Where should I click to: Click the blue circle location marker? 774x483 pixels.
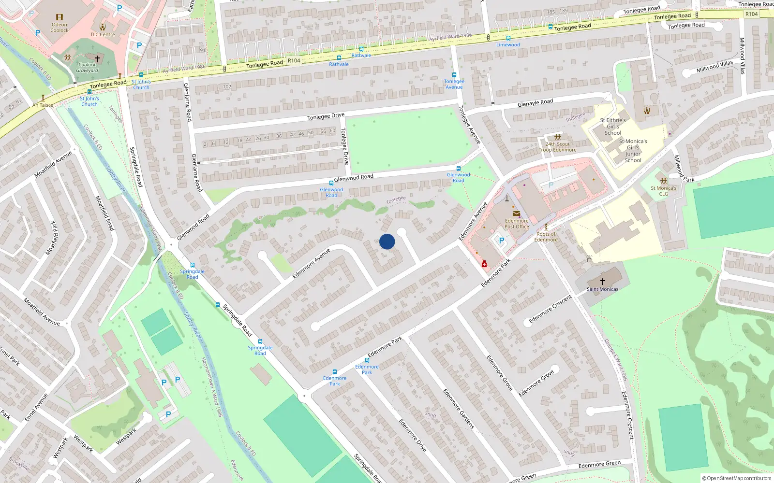tap(387, 241)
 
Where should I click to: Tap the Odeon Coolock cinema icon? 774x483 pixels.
tap(60, 17)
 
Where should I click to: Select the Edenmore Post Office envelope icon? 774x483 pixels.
tap(517, 213)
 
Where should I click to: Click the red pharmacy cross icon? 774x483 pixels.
tap(484, 264)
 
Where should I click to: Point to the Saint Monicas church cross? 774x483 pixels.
tap(602, 281)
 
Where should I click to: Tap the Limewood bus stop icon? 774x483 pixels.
tap(508, 38)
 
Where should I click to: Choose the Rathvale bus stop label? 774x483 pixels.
tap(339, 64)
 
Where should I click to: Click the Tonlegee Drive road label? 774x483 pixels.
tap(326, 116)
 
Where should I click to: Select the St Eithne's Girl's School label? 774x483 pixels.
tap(613, 127)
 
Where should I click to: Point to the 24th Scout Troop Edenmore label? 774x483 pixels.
tap(558, 147)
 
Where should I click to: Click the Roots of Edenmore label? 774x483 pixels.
tap(546, 237)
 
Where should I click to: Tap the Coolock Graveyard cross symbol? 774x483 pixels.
tap(97, 59)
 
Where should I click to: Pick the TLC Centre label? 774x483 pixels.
tap(103, 35)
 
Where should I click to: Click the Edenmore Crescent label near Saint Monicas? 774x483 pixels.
tap(550, 309)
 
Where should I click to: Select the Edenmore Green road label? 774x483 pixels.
tap(599, 464)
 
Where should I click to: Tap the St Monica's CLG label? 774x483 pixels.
tap(663, 191)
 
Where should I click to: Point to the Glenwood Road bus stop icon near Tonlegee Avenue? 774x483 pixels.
tap(459, 169)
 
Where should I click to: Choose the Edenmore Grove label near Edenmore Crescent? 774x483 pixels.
tap(536, 383)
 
